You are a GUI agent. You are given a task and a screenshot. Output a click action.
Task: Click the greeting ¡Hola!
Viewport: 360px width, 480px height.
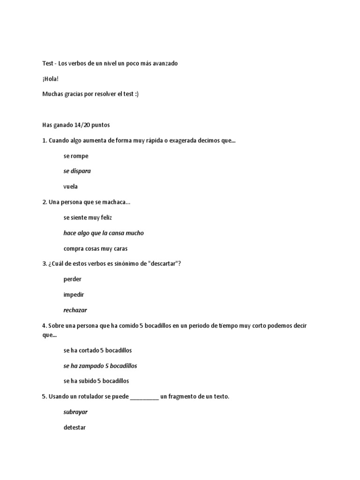coord(50,79)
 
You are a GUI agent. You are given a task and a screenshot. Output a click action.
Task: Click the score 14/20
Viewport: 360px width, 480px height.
coord(82,125)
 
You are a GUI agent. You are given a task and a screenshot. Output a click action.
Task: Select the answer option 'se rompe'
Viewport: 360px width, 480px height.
coord(76,156)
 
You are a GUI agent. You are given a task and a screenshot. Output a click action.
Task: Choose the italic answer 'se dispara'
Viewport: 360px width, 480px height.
coord(77,171)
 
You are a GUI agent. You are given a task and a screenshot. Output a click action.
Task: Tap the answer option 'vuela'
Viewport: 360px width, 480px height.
coord(71,187)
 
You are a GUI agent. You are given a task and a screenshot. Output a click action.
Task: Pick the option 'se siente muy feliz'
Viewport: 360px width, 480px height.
coord(88,217)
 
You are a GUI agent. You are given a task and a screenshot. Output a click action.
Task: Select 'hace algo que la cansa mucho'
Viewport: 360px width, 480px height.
coord(104,233)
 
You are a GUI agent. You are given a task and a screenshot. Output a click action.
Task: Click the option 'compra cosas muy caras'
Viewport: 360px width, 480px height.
coord(96,248)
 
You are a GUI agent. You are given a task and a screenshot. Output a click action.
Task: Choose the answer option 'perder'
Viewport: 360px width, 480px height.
coord(73,279)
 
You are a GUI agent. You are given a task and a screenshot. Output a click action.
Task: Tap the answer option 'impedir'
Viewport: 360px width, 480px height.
coord(74,295)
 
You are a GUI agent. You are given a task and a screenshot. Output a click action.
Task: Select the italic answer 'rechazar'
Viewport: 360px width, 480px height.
coord(75,310)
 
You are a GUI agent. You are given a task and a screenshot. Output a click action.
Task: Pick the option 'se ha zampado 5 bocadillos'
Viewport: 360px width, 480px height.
coord(100,366)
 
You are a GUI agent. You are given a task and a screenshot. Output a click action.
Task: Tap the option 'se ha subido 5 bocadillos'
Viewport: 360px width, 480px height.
coord(96,381)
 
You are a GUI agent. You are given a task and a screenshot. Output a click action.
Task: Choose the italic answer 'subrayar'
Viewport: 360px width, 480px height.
coord(75,412)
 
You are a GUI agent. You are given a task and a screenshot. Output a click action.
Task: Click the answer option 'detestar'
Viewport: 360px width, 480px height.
coord(75,427)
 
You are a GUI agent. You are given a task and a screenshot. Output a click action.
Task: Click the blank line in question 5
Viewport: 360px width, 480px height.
coord(144,397)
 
